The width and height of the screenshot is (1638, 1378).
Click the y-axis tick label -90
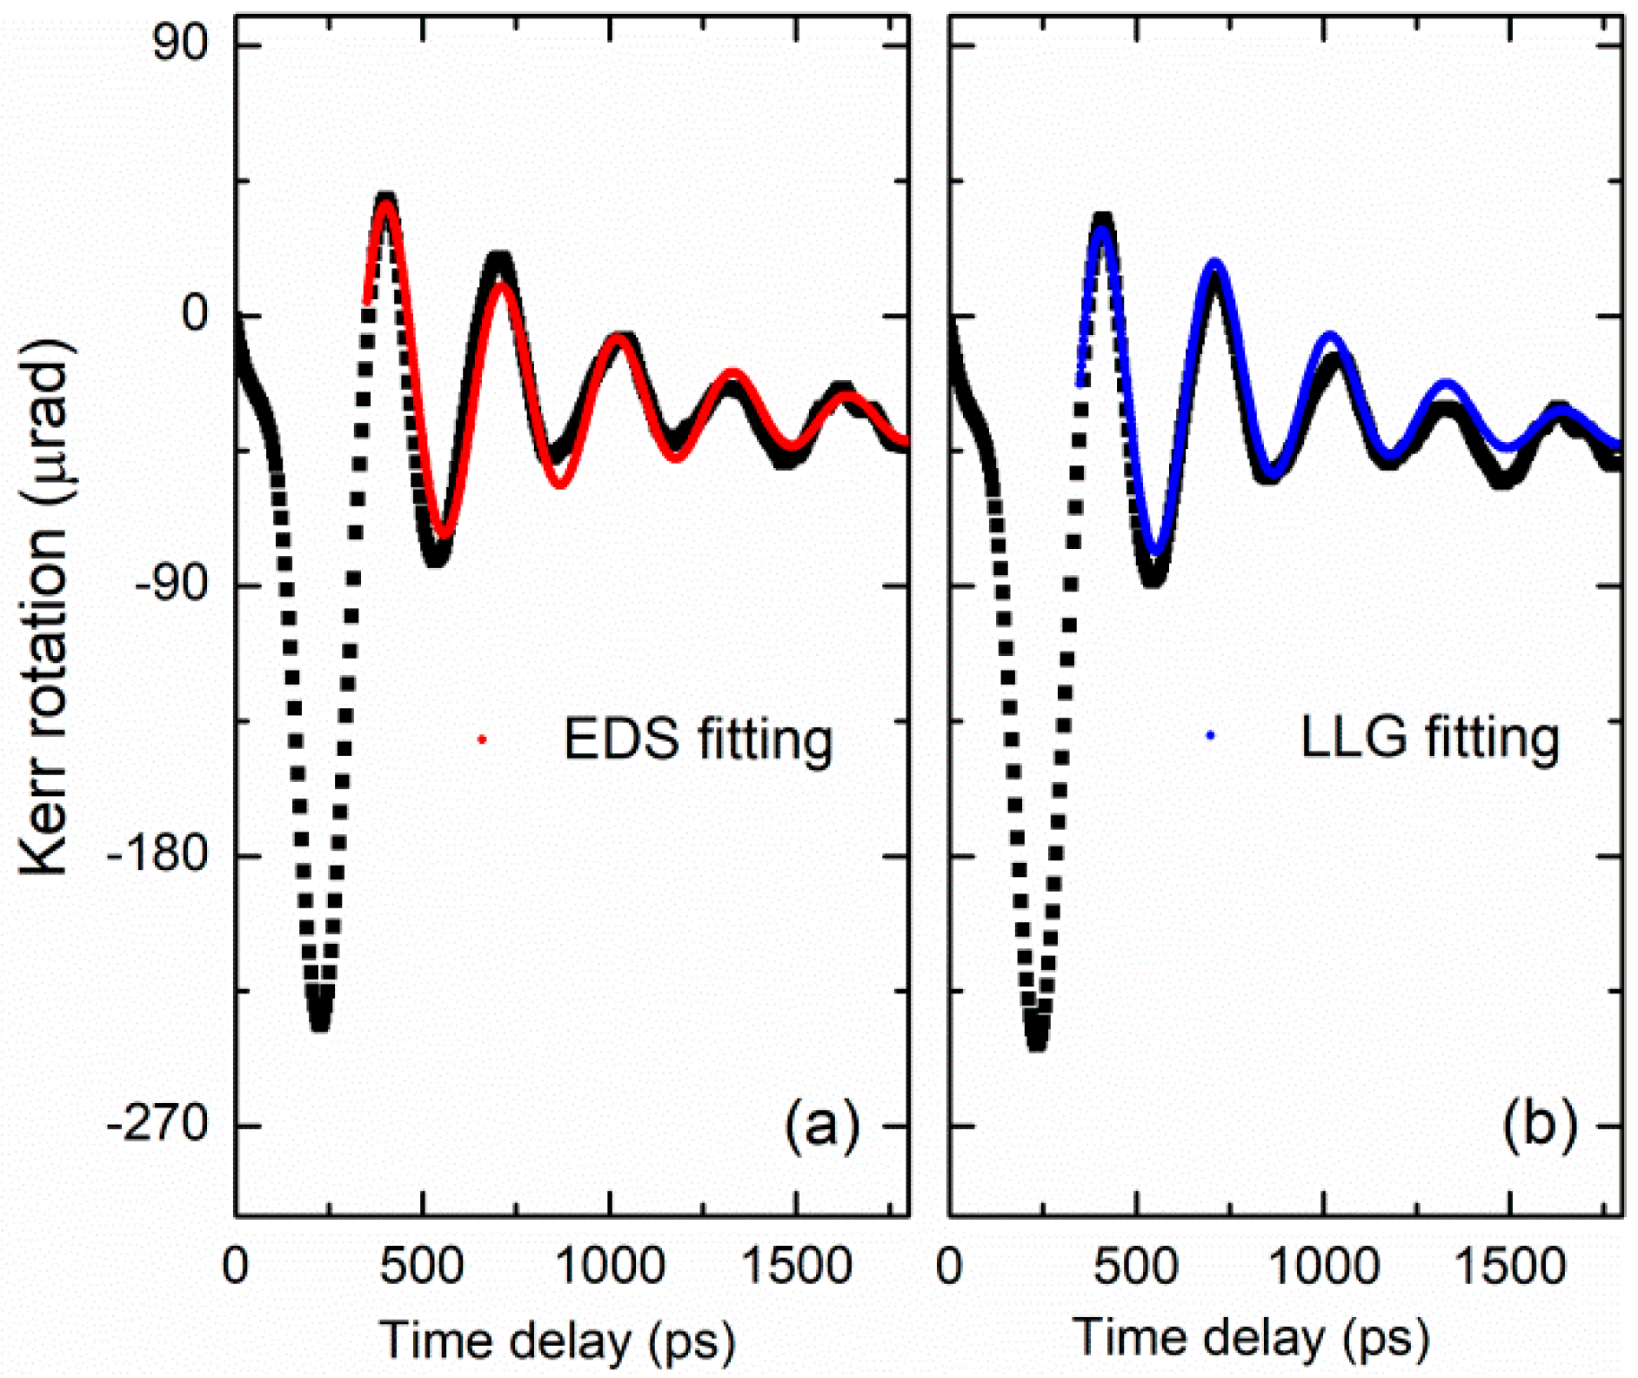click(x=170, y=585)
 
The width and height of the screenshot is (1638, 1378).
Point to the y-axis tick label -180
click(x=157, y=855)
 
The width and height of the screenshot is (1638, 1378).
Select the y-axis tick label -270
click(x=157, y=1126)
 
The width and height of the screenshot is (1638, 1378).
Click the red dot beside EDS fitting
click(x=482, y=739)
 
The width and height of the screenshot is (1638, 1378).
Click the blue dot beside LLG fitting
click(x=1210, y=736)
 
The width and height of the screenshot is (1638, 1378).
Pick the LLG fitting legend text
click(x=1429, y=738)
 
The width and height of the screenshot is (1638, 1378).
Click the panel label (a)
click(x=822, y=1125)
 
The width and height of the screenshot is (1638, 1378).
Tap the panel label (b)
click(x=1539, y=1125)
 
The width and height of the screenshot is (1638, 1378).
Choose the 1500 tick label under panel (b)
click(x=1509, y=1267)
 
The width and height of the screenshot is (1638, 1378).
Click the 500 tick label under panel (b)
click(x=1136, y=1267)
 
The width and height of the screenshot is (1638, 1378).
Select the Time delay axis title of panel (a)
click(x=557, y=1340)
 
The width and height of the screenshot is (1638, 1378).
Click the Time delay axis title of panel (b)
click(x=1251, y=1338)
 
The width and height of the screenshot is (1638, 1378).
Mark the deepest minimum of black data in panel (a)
click(x=319, y=1020)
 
